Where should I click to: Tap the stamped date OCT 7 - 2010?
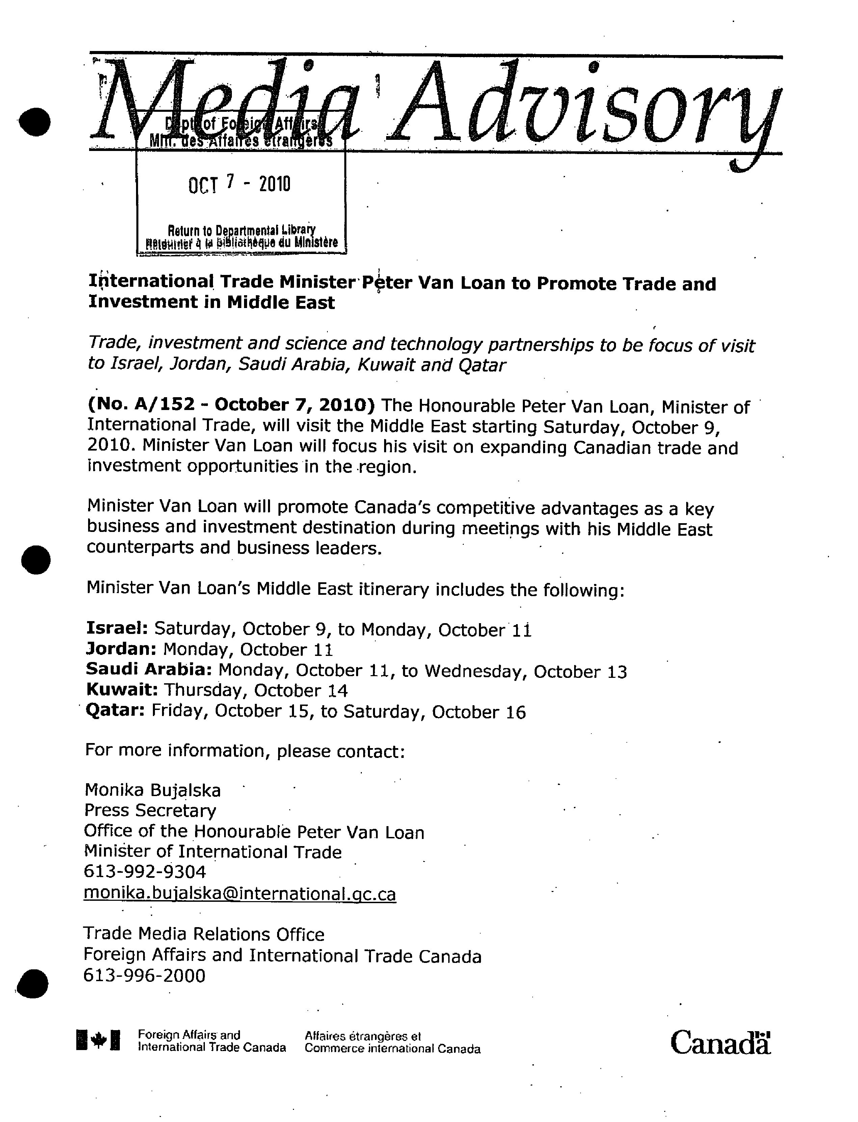[239, 184]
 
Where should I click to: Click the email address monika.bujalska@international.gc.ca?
[240, 894]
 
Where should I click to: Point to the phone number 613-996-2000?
[144, 975]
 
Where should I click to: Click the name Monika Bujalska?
[153, 790]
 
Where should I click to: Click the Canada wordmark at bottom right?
[720, 1043]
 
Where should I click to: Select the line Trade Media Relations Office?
[204, 934]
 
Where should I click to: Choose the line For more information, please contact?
[245, 750]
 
